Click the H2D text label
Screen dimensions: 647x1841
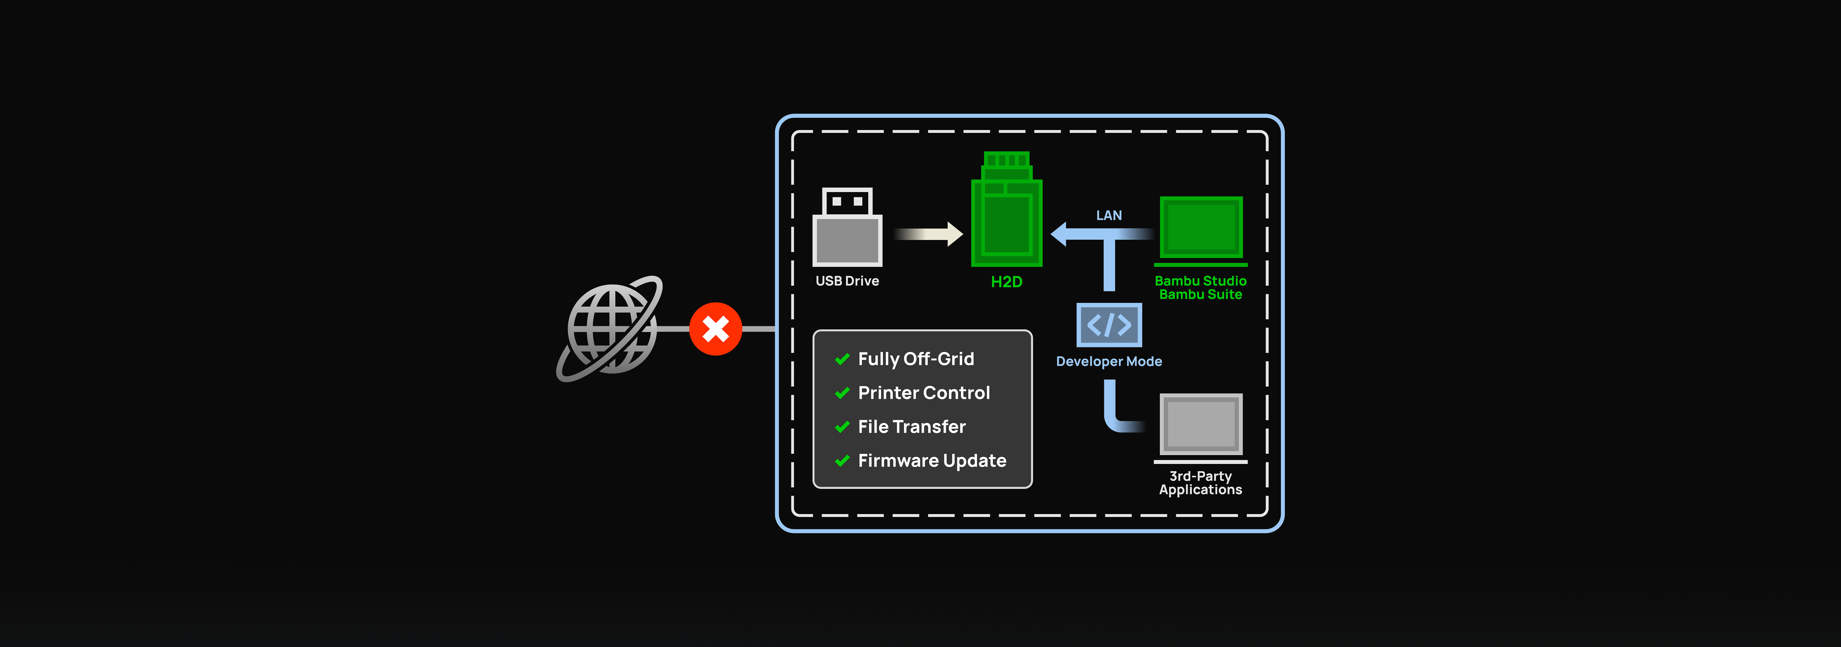(1006, 282)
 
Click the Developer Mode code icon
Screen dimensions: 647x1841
(1109, 325)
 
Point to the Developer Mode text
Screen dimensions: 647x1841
(1109, 361)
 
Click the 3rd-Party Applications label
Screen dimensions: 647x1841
(1201, 483)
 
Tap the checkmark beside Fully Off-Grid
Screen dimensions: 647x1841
(843, 359)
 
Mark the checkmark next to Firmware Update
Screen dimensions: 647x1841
(843, 461)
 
